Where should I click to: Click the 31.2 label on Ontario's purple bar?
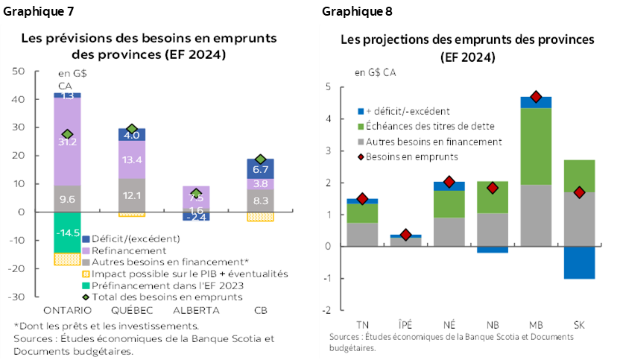[x=67, y=142]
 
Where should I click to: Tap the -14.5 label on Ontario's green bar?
[x=67, y=233]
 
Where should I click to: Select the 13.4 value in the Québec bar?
[x=133, y=160]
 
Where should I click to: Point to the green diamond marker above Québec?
[x=132, y=130]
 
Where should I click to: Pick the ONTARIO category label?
[x=68, y=309]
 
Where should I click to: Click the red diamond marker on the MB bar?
[x=535, y=97]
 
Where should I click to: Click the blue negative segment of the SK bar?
[x=579, y=262]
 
